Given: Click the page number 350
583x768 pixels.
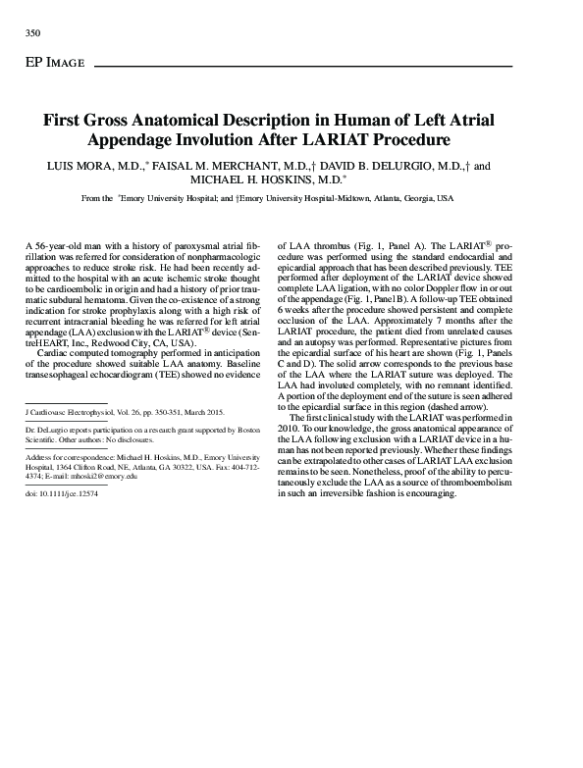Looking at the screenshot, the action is [31, 33].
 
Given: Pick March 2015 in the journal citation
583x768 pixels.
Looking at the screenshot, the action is [203, 413].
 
